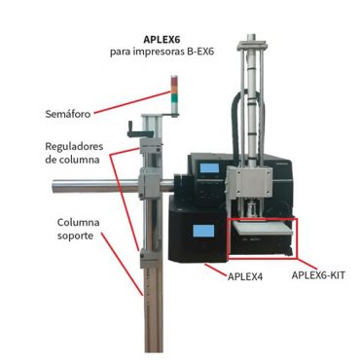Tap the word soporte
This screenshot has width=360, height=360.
point(75,235)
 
